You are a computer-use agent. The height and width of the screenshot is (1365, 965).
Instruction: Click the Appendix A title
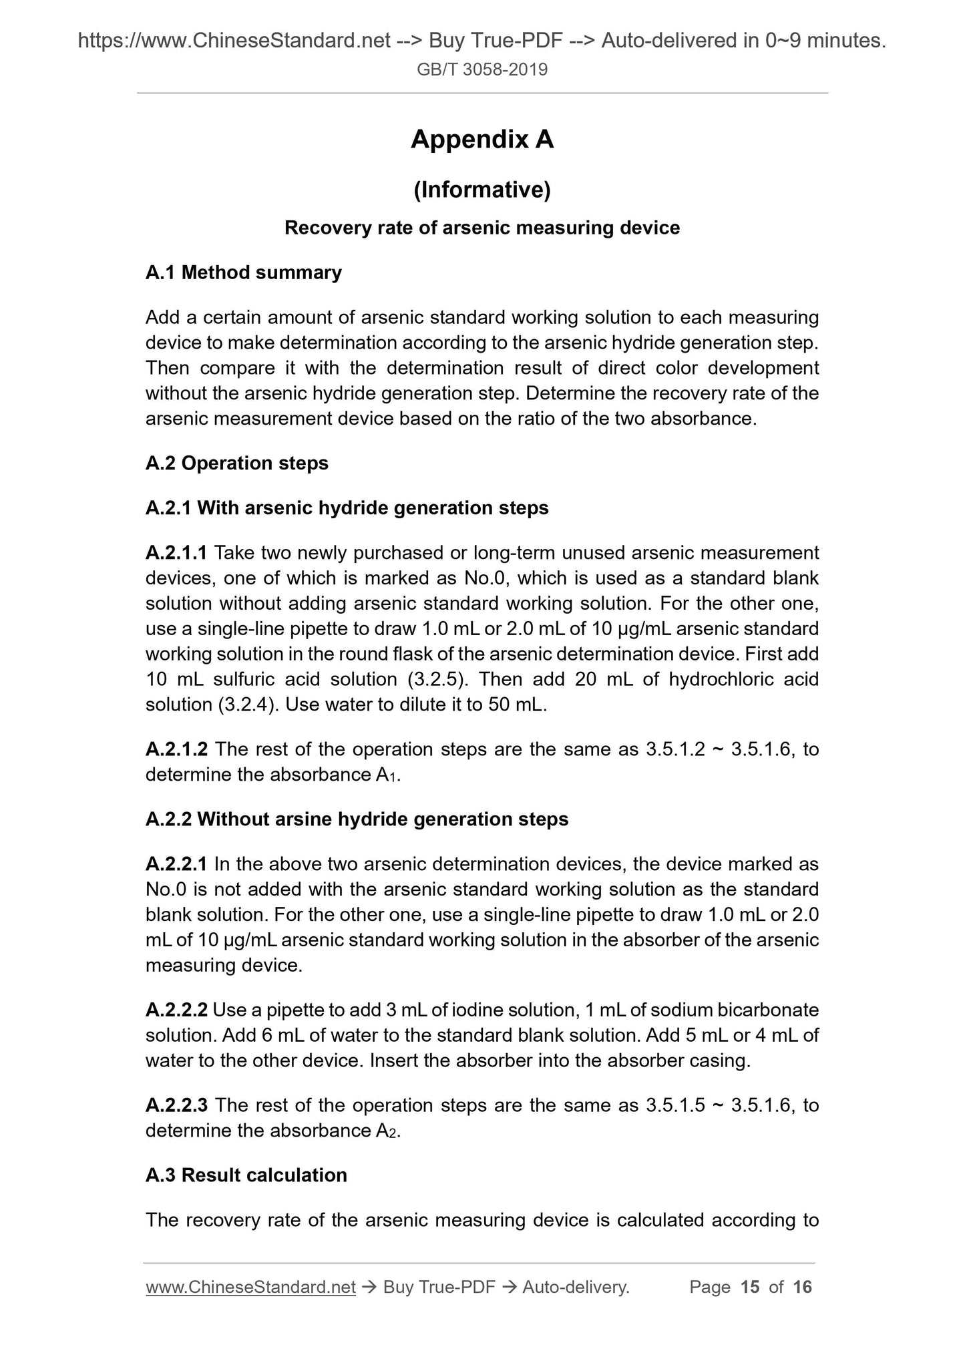point(482,140)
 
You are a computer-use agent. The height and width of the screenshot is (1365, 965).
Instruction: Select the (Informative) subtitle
point(482,190)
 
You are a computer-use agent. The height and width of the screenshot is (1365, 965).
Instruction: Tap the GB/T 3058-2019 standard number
point(482,69)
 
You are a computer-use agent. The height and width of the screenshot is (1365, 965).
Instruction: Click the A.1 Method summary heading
point(244,272)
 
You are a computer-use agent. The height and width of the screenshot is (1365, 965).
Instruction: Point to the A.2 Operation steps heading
point(237,463)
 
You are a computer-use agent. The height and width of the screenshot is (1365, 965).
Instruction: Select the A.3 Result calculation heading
point(246,1175)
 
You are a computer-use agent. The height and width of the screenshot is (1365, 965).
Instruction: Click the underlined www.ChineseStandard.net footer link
point(250,1287)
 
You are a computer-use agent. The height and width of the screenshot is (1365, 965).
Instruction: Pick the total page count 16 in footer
point(802,1287)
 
